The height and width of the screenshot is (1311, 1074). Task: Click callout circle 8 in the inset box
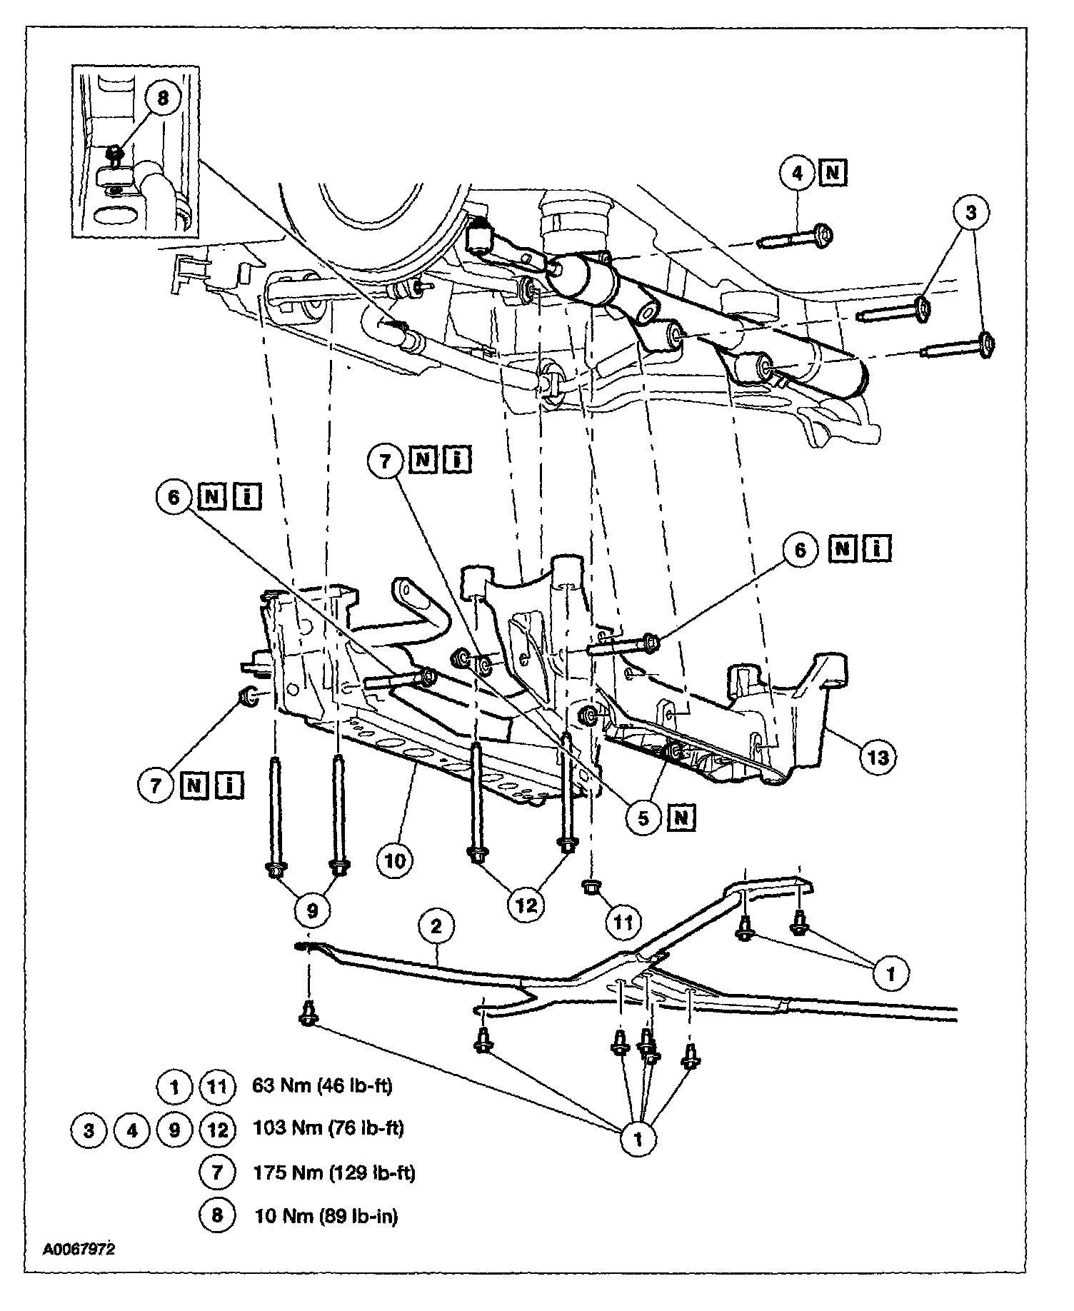coord(163,98)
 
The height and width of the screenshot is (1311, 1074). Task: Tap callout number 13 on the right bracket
coord(878,756)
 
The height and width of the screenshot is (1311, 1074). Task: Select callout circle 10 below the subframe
coord(395,860)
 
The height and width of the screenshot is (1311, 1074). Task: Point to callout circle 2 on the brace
coord(436,926)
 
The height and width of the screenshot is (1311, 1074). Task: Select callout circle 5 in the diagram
coord(643,818)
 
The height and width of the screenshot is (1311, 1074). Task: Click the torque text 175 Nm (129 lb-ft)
coord(333,1172)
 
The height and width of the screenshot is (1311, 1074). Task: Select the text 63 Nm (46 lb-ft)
coord(323,1086)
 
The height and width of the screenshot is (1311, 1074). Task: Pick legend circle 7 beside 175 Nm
coord(218,1172)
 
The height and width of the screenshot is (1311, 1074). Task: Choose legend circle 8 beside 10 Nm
coord(218,1215)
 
